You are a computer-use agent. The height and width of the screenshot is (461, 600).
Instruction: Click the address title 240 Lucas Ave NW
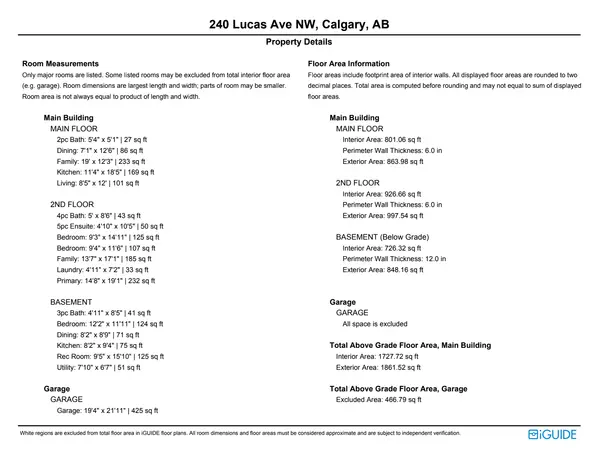(300, 23)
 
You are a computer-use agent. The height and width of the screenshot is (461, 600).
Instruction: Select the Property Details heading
(300, 43)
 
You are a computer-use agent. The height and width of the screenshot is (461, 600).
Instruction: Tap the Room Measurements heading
(60, 63)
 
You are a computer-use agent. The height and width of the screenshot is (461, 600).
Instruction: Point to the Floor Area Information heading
(349, 63)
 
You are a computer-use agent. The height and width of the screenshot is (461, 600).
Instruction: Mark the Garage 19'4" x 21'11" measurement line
(107, 410)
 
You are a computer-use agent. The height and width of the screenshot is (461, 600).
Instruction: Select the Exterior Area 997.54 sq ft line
(383, 215)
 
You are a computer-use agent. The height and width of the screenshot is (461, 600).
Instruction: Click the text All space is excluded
(375, 324)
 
